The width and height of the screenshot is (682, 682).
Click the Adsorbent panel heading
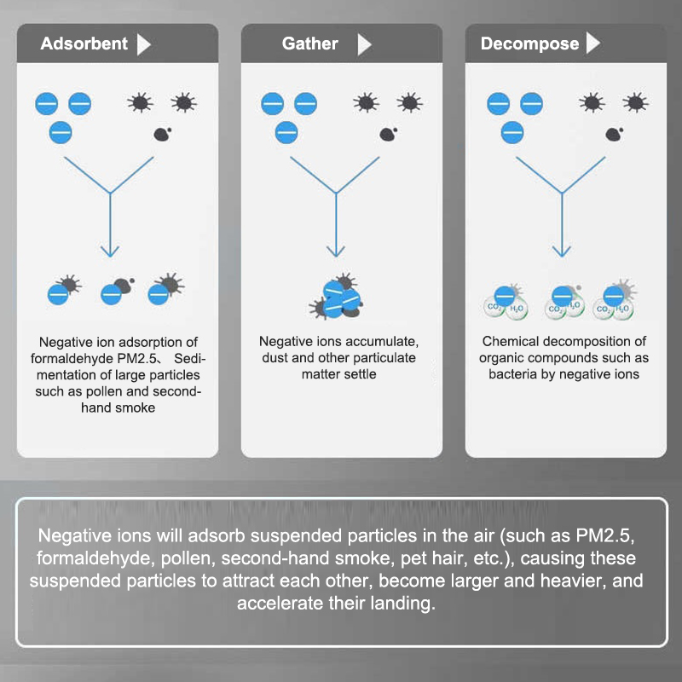pyautogui.click(x=84, y=43)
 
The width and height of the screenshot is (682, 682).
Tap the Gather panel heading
pyautogui.click(x=310, y=43)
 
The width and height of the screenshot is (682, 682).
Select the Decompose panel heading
pyautogui.click(x=529, y=43)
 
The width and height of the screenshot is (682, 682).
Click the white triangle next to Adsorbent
pyautogui.click(x=144, y=44)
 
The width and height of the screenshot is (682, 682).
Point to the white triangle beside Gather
pyautogui.click(x=365, y=44)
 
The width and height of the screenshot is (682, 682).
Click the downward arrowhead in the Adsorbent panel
pyautogui.click(x=109, y=251)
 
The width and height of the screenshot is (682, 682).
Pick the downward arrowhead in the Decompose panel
pyautogui.click(x=561, y=251)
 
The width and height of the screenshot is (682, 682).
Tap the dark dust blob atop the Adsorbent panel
pyautogui.click(x=162, y=133)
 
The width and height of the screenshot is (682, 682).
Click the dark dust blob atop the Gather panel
pyautogui.click(x=388, y=133)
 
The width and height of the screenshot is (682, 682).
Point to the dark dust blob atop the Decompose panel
pyautogui.click(x=613, y=133)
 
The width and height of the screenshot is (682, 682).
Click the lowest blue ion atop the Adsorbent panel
pyautogui.click(x=61, y=132)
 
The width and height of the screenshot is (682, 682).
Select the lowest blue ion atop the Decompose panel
pyautogui.click(x=512, y=132)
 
